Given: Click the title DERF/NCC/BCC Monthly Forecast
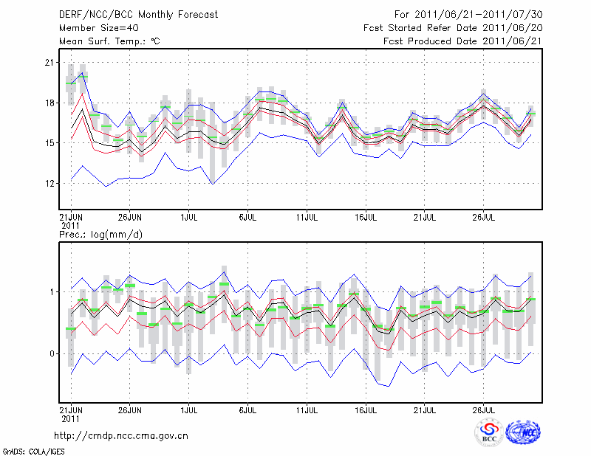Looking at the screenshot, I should coord(129,15).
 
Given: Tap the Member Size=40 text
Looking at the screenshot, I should coord(94,28).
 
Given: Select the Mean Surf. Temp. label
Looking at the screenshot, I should coord(109,41).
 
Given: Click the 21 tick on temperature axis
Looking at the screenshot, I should coord(49,63).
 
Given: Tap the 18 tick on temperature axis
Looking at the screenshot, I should coord(49,103).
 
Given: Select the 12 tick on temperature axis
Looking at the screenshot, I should coord(49,183).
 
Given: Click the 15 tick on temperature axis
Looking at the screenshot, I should coord(49,142).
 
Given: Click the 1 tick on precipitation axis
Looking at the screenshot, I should coord(52,292).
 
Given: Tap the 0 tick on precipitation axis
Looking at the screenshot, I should coord(52,354).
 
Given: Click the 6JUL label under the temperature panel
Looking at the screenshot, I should coord(248,218).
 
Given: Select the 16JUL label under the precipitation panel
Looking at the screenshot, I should coord(366,408).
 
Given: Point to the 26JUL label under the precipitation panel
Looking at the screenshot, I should coord(484,408).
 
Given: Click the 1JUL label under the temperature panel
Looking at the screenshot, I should coord(189,218).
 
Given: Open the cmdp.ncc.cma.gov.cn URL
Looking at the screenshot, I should coord(121,436).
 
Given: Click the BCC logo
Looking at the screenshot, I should coord(489,433).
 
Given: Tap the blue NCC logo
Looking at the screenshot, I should coord(523,433).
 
